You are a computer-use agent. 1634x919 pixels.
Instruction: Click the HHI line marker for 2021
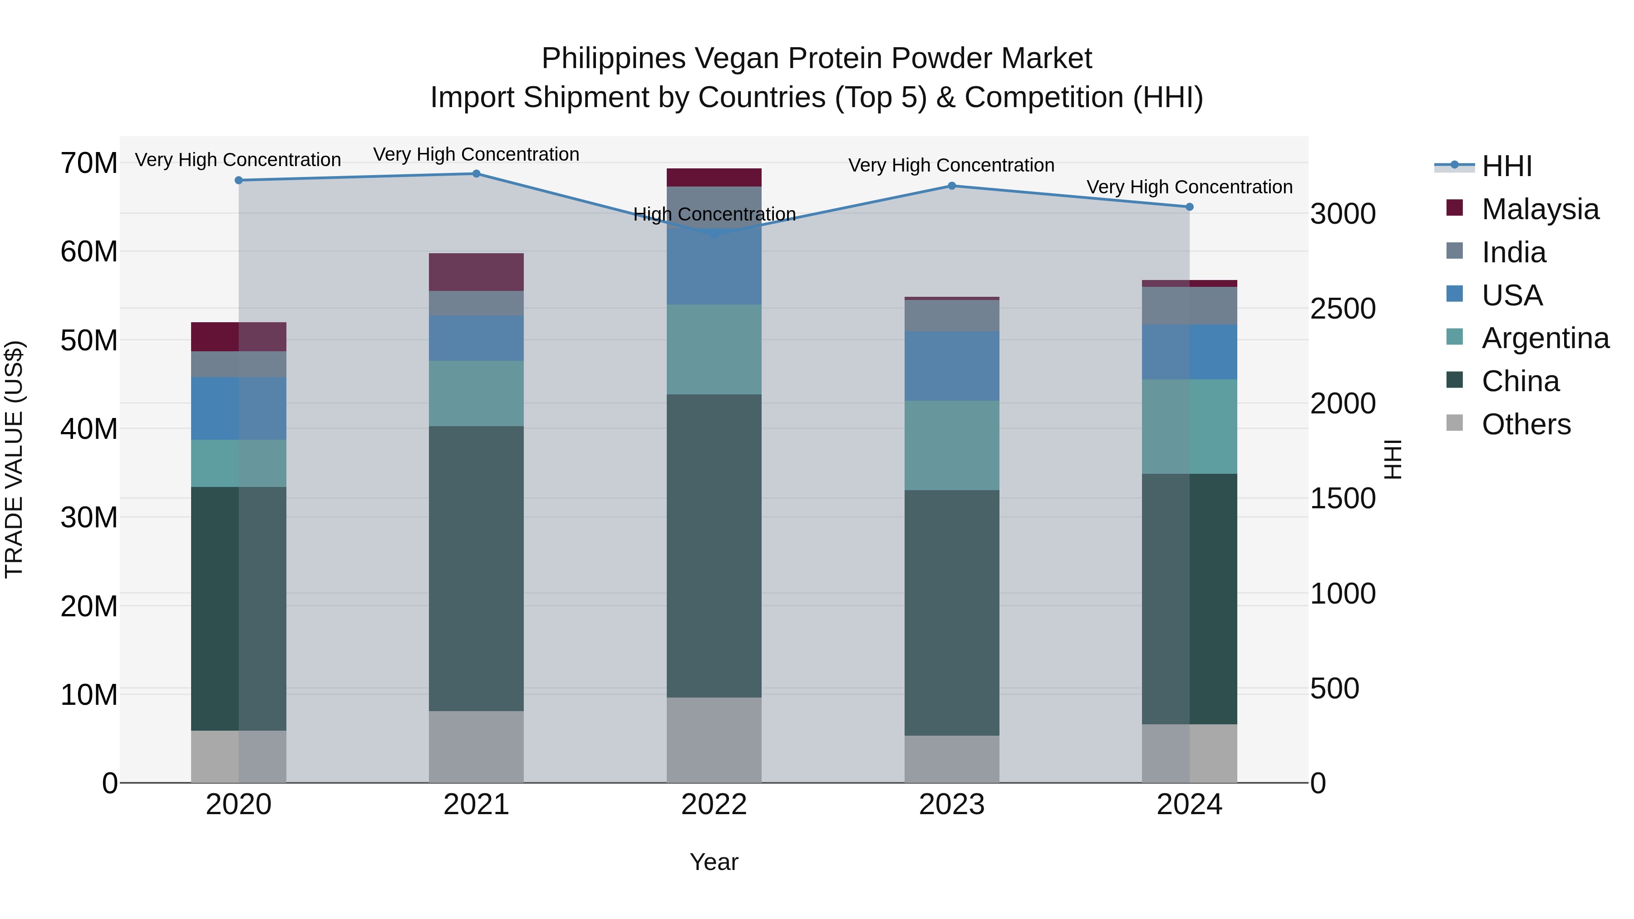coord(477,174)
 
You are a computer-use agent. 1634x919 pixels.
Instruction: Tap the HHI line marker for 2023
coord(951,186)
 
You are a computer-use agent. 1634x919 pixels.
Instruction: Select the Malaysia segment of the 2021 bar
coord(477,272)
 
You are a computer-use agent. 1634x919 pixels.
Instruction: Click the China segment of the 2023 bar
coord(951,613)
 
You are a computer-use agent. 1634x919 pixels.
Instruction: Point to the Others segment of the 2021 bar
coord(477,747)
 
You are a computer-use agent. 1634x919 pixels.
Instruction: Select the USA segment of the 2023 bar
coord(951,366)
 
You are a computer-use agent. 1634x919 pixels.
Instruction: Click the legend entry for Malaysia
coord(1540,209)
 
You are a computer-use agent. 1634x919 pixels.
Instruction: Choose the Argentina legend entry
coord(1545,338)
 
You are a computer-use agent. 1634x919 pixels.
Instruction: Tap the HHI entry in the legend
coord(1506,166)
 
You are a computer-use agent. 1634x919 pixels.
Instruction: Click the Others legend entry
coord(1526,424)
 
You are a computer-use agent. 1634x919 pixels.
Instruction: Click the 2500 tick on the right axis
coord(1343,309)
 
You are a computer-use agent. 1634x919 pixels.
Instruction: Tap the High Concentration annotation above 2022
coord(714,214)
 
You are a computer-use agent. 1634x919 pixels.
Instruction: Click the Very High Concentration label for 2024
coord(1189,187)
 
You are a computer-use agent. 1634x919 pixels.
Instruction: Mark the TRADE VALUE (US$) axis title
coord(14,459)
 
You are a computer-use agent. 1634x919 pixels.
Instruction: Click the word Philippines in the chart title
coord(613,59)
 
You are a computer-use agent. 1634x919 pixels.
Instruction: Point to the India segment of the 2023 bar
coord(951,316)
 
